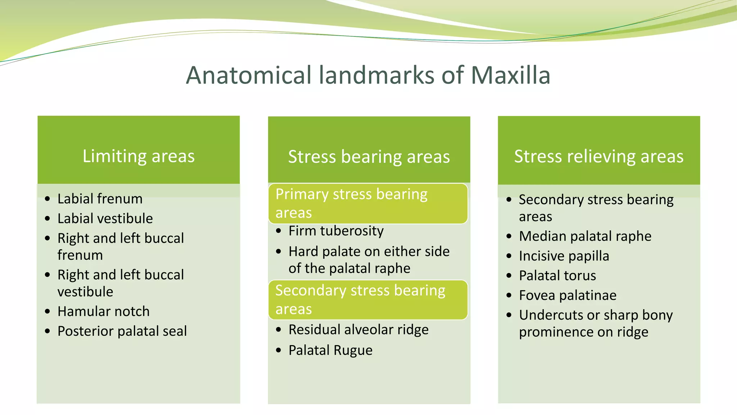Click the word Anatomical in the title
249,75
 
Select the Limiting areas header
139,156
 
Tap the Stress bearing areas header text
369,157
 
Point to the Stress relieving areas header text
598,156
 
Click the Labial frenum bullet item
100,199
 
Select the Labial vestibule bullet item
105,218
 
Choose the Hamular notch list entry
103,311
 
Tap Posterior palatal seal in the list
122,331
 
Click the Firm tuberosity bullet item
336,231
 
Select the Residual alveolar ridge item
358,330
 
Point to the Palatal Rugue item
330,350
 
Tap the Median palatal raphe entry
585,236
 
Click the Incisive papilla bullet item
564,256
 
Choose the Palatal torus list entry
557,276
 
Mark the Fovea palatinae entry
568,295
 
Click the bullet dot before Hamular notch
48,312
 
